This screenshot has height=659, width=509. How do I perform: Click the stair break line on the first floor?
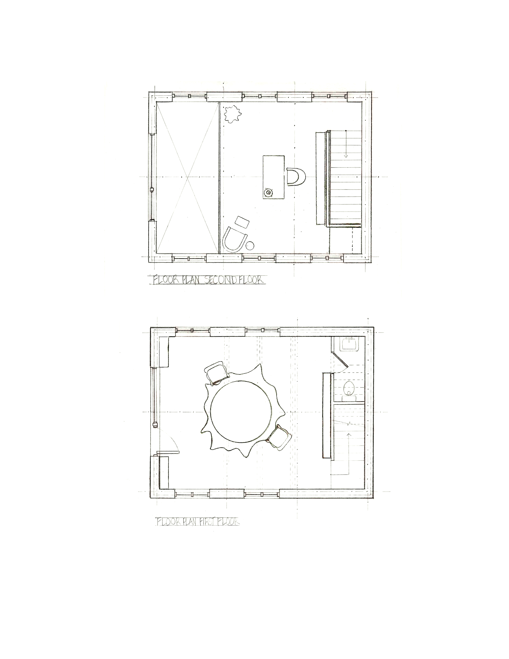point(349,423)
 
